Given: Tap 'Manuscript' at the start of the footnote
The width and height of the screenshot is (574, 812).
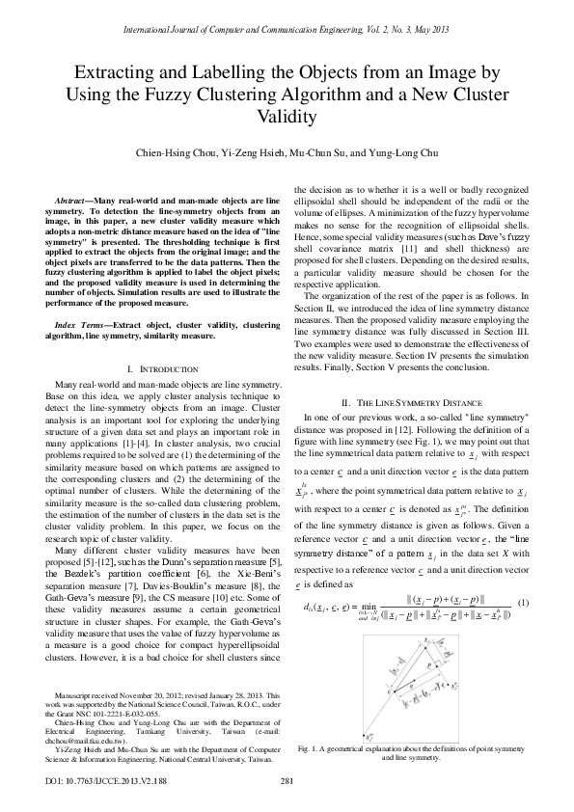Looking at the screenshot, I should (77, 693).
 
